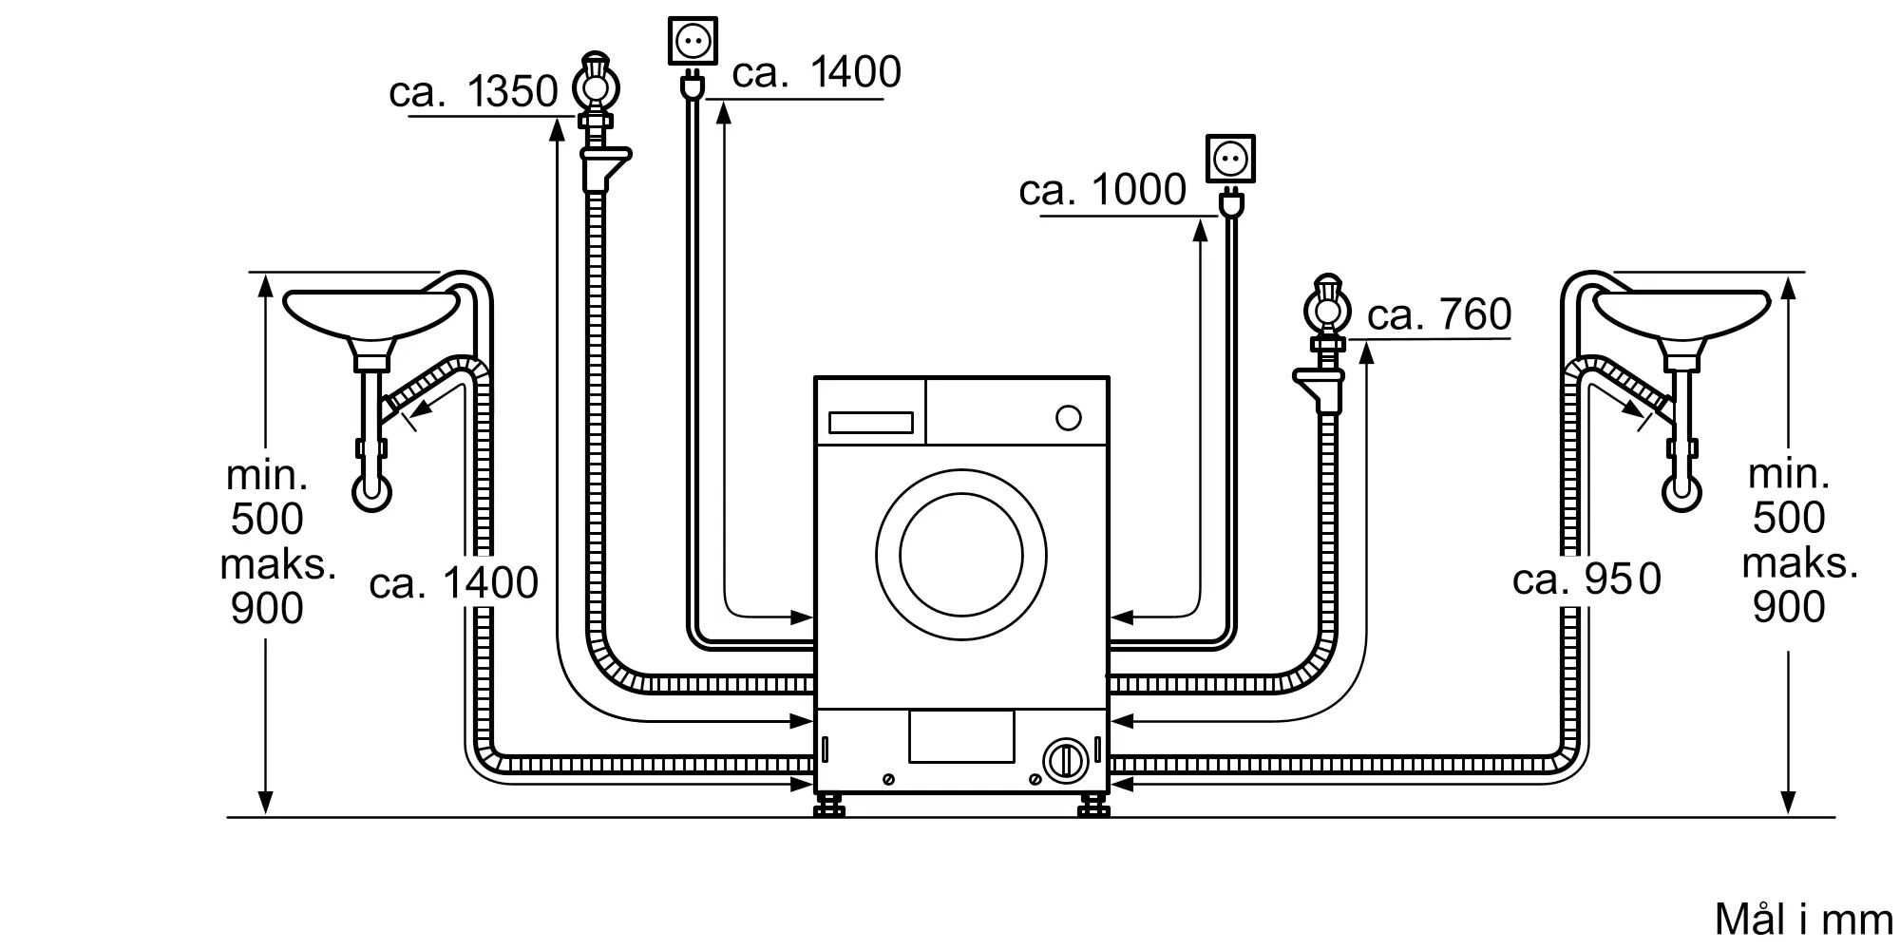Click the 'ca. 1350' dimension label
point(473,92)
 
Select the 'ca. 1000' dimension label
point(1102,191)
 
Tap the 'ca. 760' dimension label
point(1438,314)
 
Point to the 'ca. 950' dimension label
point(1586,579)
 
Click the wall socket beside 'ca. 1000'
point(1230,158)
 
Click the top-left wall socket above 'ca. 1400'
point(693,41)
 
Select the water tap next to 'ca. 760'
point(1327,309)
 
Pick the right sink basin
point(1681,314)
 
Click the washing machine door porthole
point(961,555)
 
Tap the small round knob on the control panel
point(1069,418)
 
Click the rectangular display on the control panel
point(870,423)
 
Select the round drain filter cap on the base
point(1065,761)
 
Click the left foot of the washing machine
point(829,807)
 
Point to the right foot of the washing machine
point(1093,807)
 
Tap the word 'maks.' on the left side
point(278,564)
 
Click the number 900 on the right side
point(1789,607)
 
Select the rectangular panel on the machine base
point(960,736)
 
